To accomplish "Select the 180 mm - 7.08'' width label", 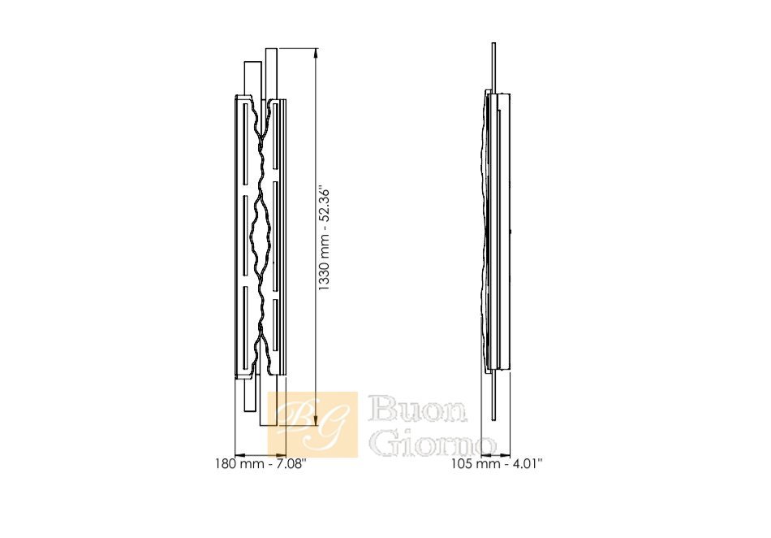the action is [x=261, y=464].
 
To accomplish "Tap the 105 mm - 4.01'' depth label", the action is [x=497, y=464].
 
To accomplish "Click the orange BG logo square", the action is [x=312, y=424].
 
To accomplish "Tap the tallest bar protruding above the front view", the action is [x=271, y=74].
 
